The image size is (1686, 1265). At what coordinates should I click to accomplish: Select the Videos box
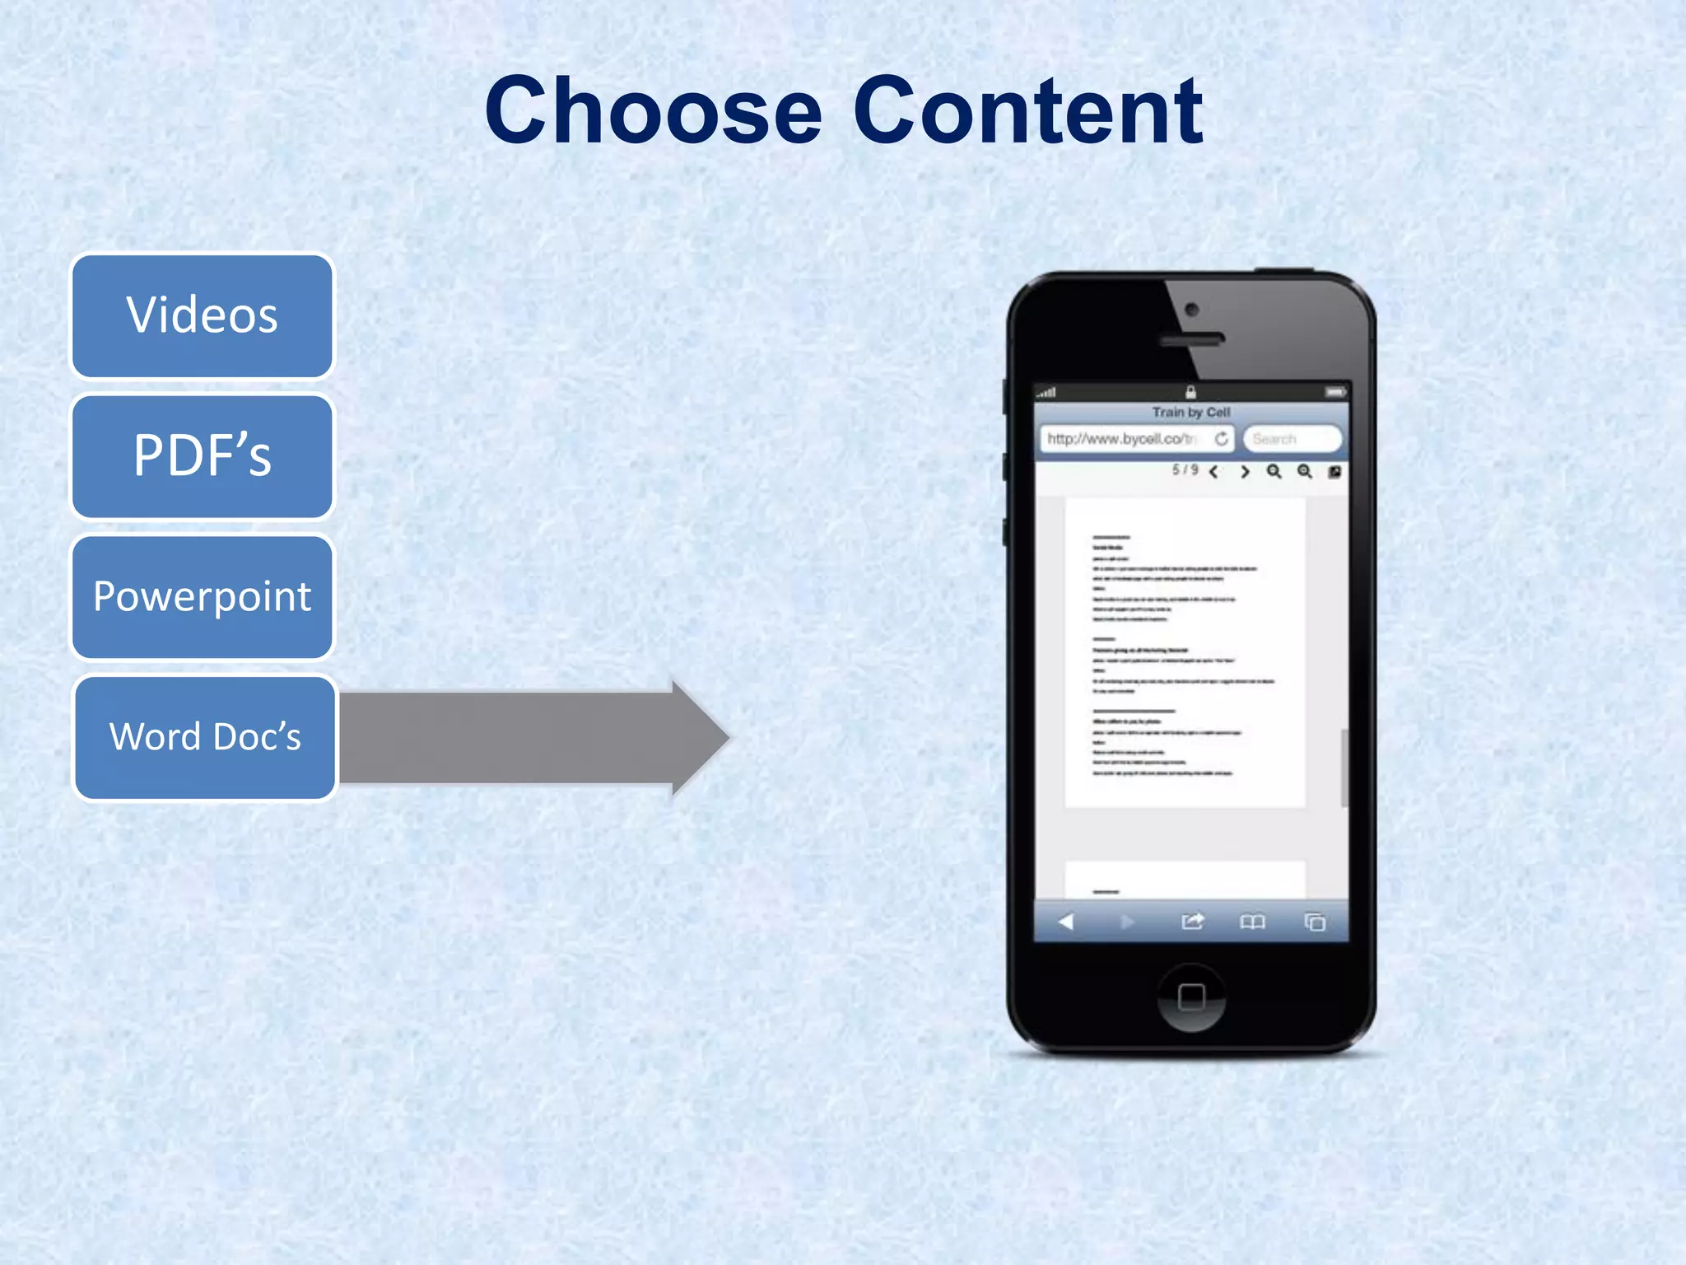[203, 316]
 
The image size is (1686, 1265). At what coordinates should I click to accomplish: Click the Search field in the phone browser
[1292, 439]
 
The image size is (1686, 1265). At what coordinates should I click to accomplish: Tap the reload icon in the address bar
[1222, 439]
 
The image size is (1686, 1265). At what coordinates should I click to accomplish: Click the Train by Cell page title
[1190, 413]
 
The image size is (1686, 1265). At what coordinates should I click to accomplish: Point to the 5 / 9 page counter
[1185, 470]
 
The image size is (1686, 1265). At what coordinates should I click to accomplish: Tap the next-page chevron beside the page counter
[1245, 472]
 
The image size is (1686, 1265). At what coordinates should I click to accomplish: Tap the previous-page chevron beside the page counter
[1213, 472]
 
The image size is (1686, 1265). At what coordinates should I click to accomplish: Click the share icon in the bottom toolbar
[1192, 922]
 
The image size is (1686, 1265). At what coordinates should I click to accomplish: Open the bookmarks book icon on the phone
[1252, 922]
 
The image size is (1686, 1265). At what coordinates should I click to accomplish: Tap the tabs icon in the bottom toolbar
[1315, 922]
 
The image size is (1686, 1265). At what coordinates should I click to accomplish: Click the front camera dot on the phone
[1191, 310]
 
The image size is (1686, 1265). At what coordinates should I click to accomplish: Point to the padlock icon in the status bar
[1190, 392]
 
